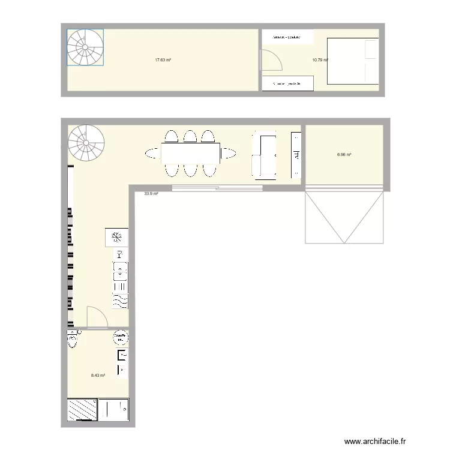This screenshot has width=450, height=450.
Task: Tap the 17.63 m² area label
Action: pos(163,60)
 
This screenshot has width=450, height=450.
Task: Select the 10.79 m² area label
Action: pos(319,60)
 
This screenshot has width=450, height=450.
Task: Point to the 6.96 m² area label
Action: pos(344,155)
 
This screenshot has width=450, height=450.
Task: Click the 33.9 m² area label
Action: pos(151,194)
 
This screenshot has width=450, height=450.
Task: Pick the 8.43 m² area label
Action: pos(98,376)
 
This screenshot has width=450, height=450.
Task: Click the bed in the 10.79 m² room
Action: pos(352,61)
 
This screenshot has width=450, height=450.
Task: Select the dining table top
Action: pos(190,154)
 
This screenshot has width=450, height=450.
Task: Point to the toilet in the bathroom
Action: pos(73,340)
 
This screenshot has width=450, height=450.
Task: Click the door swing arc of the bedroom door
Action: pos(271,60)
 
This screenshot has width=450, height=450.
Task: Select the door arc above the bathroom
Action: pos(97,317)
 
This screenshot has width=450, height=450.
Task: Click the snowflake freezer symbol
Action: pos(118,237)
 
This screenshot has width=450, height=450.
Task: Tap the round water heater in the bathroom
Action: pos(120,338)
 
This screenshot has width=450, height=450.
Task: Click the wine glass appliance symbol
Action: pos(119,254)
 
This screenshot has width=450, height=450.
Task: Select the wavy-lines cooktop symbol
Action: pos(120,300)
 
